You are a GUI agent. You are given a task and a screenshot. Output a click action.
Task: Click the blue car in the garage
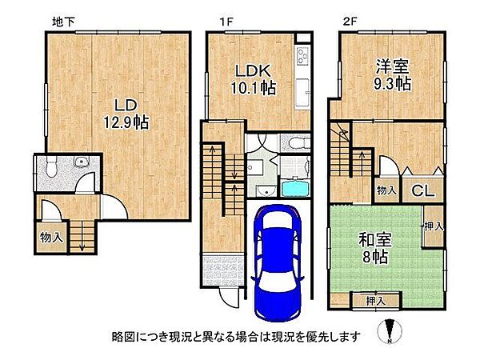click(276, 260)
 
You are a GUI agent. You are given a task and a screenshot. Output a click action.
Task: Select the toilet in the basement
click(49, 168)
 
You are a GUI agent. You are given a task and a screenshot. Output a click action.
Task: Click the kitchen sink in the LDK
click(302, 92)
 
